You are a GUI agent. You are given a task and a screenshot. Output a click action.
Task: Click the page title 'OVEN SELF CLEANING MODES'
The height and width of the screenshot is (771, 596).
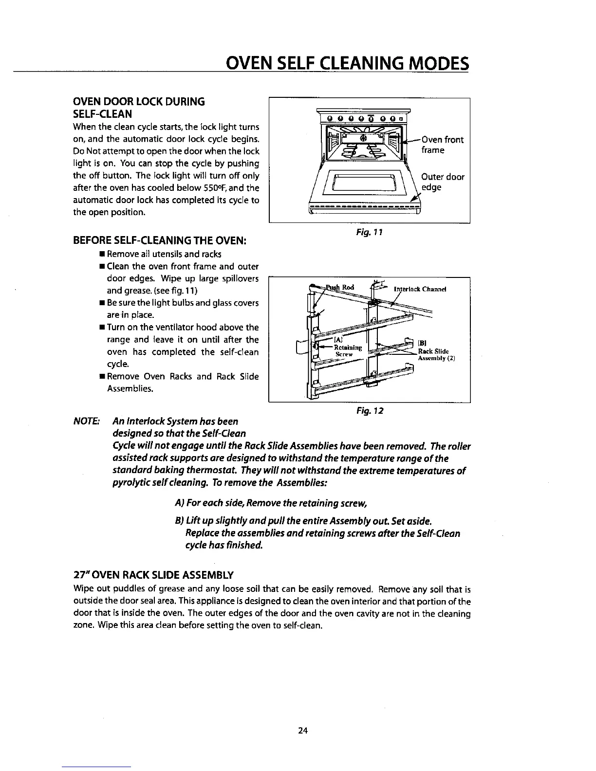click(x=345, y=64)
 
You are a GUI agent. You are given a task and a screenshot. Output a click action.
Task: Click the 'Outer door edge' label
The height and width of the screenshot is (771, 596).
click(x=442, y=182)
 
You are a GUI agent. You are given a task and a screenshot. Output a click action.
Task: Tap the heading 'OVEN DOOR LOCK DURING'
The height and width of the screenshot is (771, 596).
click(x=138, y=102)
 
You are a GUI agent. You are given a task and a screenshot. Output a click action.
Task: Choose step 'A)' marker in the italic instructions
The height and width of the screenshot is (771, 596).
click(x=178, y=503)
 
